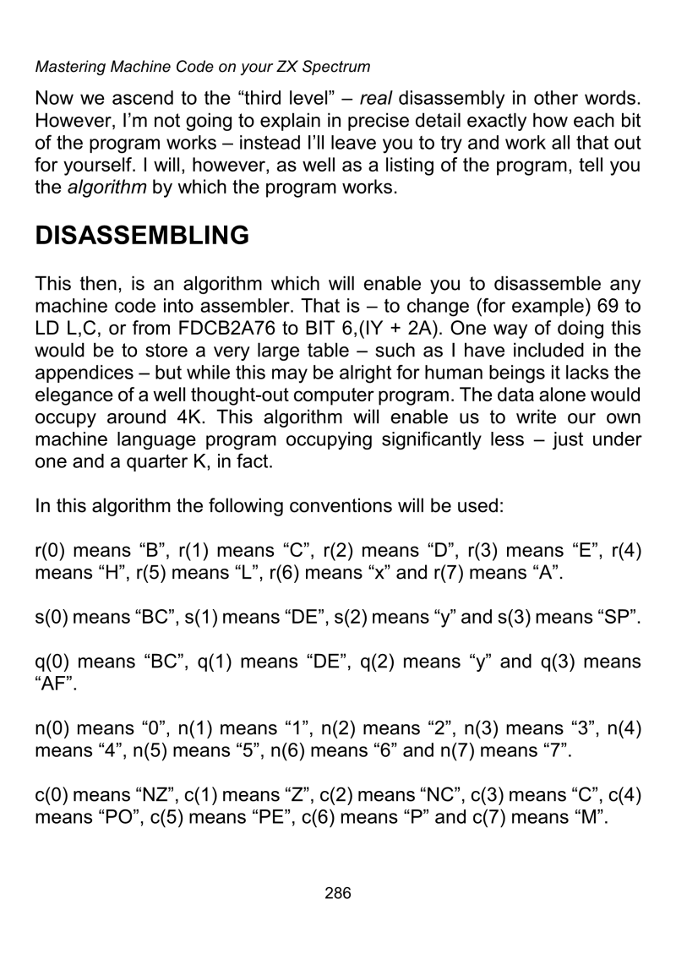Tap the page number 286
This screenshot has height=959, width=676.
pos(338,892)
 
